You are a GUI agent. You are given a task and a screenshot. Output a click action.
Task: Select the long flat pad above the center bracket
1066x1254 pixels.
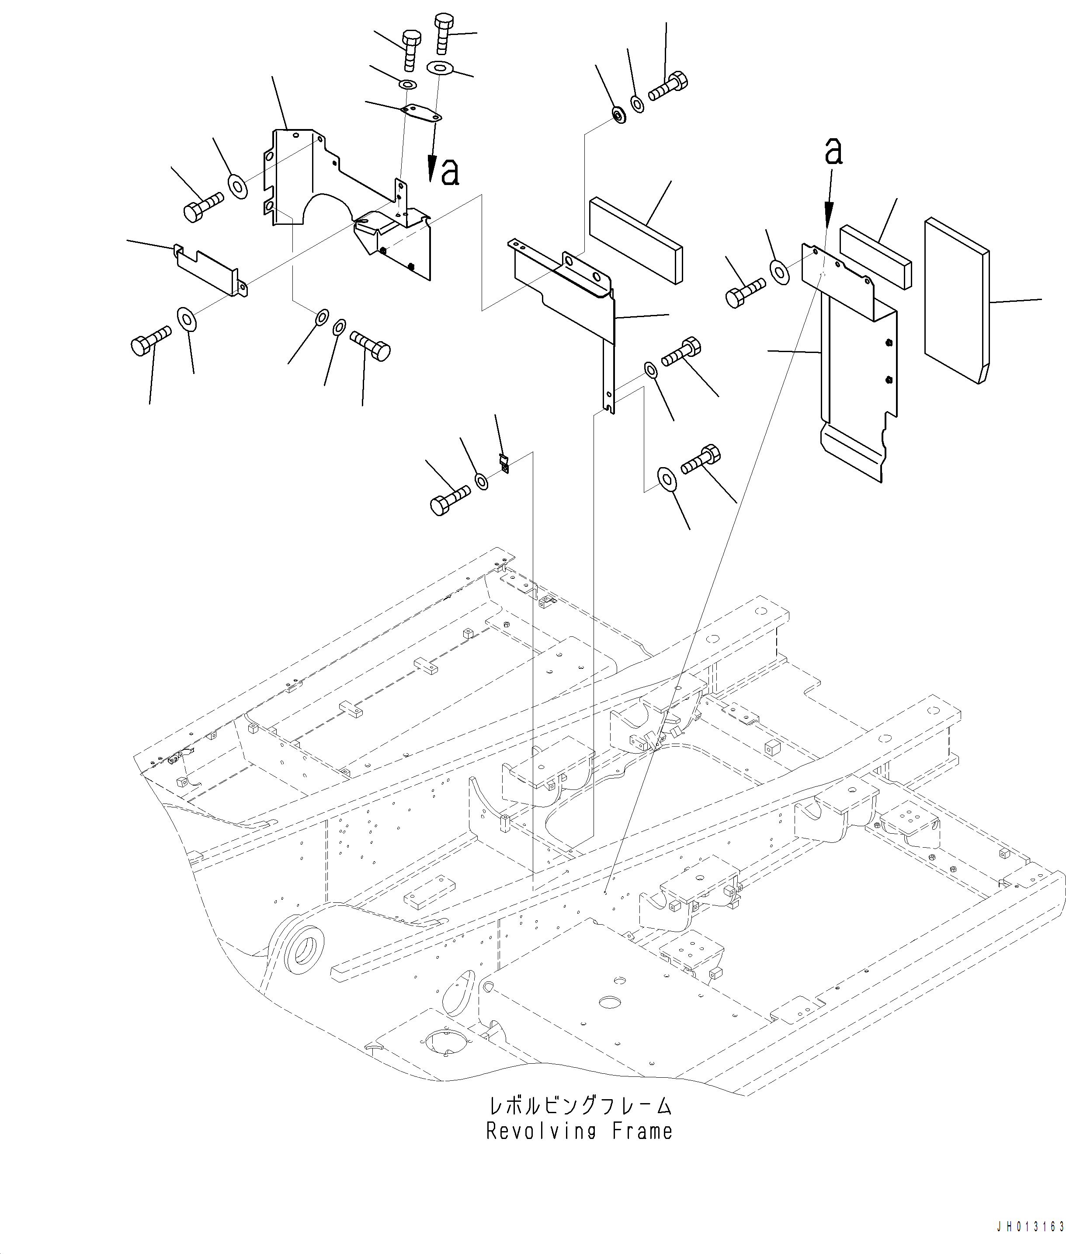tap(636, 239)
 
